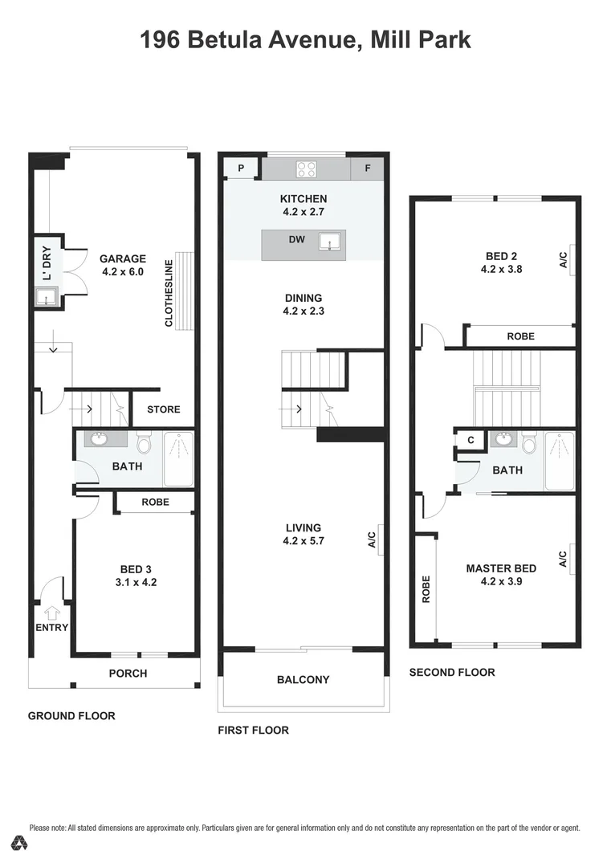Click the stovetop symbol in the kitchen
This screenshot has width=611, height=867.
[307, 169]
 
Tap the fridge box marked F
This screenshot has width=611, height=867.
[368, 169]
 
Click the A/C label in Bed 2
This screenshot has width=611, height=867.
[563, 259]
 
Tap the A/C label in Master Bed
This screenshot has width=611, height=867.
[563, 558]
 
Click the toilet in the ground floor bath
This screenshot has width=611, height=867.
[145, 442]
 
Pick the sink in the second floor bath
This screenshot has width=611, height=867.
[504, 439]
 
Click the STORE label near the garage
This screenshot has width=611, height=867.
[164, 409]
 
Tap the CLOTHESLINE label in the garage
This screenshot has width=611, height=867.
[169, 292]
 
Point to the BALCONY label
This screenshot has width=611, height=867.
[303, 680]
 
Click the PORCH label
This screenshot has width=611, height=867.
[128, 673]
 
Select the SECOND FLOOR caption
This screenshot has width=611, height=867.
[452, 672]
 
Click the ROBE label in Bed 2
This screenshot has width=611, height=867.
[520, 336]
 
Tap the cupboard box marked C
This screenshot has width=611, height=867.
[470, 440]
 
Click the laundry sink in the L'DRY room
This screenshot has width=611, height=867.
[47, 299]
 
